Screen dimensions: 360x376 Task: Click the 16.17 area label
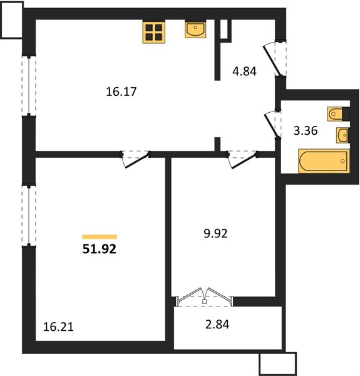tap(121, 91)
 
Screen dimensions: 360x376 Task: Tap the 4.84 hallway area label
tap(245, 71)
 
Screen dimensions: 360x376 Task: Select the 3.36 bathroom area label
tap(306, 131)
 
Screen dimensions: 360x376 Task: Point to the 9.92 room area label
tap(215, 234)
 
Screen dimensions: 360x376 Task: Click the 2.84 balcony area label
tap(217, 324)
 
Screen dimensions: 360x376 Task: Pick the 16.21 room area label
tap(58, 327)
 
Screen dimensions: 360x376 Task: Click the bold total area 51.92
tap(100, 249)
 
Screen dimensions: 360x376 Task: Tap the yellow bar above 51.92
tap(100, 237)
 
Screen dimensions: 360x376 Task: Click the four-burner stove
tap(154, 33)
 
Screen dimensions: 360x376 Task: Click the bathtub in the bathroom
tap(324, 161)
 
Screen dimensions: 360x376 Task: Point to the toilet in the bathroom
tap(338, 114)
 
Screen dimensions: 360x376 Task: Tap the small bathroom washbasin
tap(342, 135)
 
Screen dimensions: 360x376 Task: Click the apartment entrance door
tap(275, 59)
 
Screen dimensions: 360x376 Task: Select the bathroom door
tap(272, 125)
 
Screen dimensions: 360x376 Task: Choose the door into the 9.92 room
tap(242, 159)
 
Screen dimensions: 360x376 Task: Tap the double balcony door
tap(204, 298)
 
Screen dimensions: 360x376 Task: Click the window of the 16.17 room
tap(29, 86)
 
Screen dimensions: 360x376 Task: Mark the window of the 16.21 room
tap(29, 216)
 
